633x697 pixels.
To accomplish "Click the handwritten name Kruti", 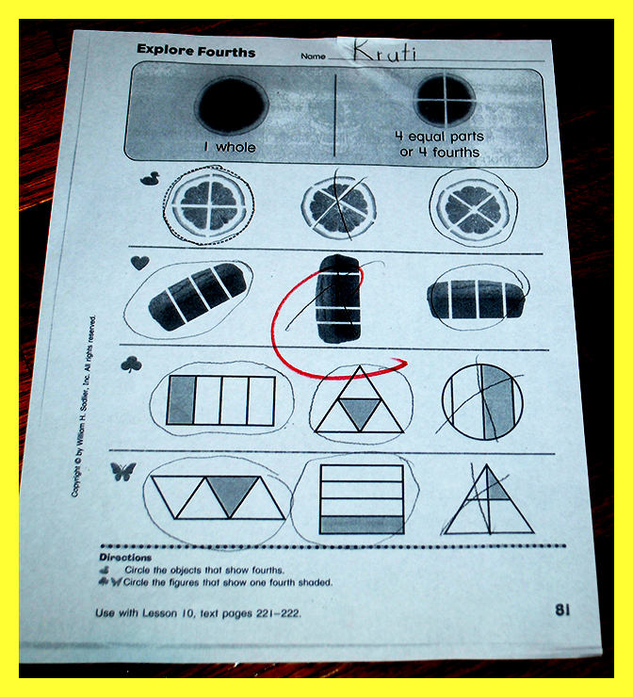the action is pos(385,50).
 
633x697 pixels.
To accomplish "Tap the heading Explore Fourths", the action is pos(196,51).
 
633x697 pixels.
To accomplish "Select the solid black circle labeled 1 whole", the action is pos(232,105).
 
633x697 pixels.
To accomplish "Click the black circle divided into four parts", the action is pos(445,100).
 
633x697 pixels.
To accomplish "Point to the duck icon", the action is pos(151,179).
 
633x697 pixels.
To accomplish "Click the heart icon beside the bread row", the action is pos(140,263).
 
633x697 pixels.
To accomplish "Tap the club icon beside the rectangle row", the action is pos(131,365).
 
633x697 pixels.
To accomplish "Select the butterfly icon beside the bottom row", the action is pos(123,471).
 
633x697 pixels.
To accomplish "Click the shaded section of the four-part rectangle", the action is pos(181,399).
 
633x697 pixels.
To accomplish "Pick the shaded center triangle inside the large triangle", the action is pos(360,412).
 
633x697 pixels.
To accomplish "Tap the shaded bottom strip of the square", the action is pos(362,525).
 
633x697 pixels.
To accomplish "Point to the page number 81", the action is pos(562,610).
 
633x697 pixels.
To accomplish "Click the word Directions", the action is pos(125,557).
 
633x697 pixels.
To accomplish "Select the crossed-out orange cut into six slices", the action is pos(339,207).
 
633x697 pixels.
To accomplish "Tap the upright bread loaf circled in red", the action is pos(338,299).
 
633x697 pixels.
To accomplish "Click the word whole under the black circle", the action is pos(235,147).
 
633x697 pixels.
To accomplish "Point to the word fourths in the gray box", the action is pos(456,153).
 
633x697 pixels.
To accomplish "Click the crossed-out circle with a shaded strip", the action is pos(482,401).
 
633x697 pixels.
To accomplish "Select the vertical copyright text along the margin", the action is pos(84,406).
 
